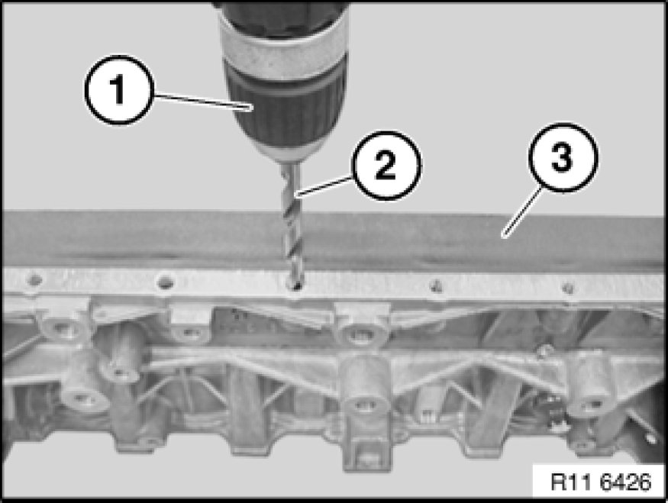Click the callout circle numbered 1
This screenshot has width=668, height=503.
[118, 90]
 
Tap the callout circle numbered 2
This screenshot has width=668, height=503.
[387, 166]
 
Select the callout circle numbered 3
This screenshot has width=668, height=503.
[563, 157]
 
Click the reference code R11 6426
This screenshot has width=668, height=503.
[601, 482]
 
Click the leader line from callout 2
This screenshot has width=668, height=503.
[326, 187]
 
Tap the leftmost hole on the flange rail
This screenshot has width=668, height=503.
[35, 280]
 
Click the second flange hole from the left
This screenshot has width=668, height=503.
[166, 282]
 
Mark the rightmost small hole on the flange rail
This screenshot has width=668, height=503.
[566, 289]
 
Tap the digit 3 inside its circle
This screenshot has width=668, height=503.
[562, 157]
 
